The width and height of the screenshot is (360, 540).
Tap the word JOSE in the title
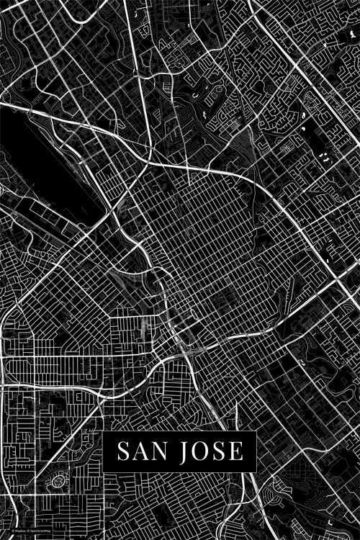coord(213,451)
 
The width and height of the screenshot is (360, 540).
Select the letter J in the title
coord(189,452)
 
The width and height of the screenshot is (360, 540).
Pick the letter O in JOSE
coord(205,451)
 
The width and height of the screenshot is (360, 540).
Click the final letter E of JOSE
coord(236,451)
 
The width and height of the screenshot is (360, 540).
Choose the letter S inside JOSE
coord(222,451)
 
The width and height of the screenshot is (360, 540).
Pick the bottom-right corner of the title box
coord(256,472)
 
